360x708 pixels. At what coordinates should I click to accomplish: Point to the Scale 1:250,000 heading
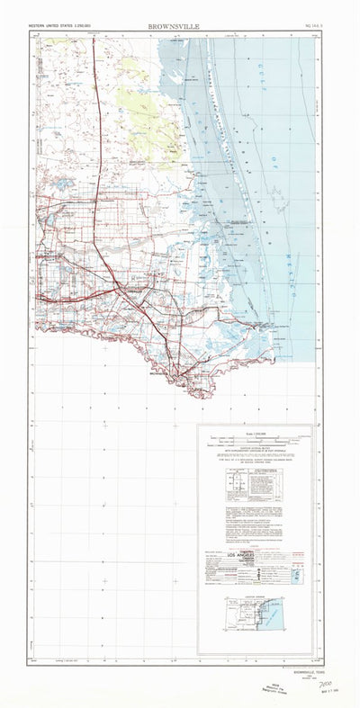click(x=256, y=433)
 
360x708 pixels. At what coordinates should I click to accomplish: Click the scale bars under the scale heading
click(x=256, y=442)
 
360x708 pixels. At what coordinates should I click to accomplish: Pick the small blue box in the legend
click(x=298, y=573)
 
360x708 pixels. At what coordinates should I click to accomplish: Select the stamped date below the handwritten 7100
click(x=317, y=695)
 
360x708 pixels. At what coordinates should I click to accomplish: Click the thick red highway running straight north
click(x=95, y=135)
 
